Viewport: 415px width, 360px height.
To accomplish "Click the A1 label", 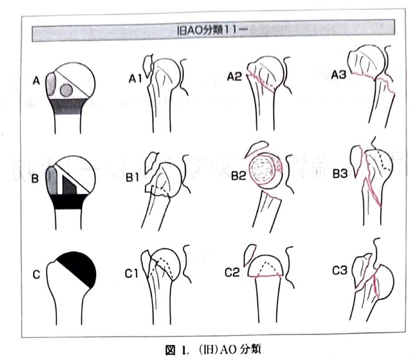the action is click(x=135, y=78).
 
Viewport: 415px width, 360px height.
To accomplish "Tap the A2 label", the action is click(x=234, y=76).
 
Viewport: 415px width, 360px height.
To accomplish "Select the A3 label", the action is click(x=338, y=75).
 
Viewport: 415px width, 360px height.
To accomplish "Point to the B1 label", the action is click(x=132, y=177).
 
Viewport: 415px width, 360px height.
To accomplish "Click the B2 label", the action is click(x=239, y=176).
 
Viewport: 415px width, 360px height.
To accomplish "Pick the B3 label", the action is click(x=340, y=174).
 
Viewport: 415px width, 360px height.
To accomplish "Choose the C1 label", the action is click(x=131, y=274).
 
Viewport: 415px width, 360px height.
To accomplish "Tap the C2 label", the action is click(x=232, y=272).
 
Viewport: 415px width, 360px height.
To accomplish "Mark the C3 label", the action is click(x=339, y=270).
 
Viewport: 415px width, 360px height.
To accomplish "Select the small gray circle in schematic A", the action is click(x=66, y=90).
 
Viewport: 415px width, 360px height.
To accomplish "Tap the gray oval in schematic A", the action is click(x=51, y=85).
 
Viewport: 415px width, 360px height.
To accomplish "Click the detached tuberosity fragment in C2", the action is click(x=250, y=255).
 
